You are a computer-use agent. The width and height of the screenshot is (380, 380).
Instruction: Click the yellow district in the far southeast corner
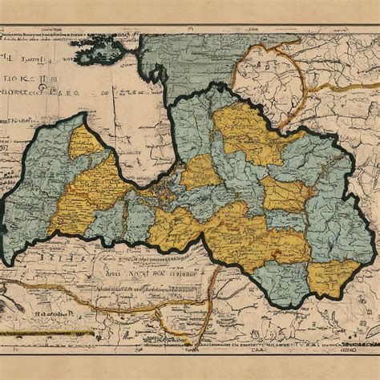(x=333, y=277)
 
